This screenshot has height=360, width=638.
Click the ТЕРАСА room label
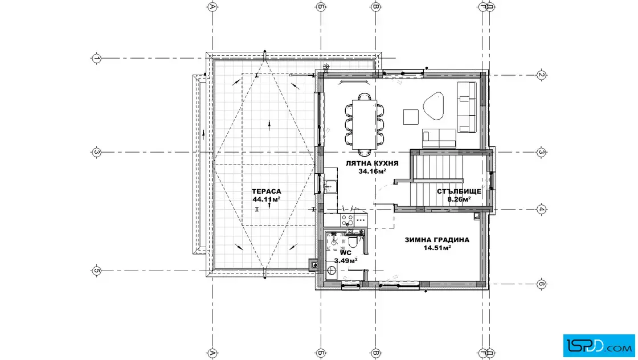[x=266, y=191]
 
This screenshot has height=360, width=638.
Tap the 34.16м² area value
[x=372, y=171]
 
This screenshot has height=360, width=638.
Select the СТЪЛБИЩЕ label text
[x=459, y=191]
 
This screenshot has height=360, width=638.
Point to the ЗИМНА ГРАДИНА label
[x=436, y=240]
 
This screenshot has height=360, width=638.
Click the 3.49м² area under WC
[x=345, y=260]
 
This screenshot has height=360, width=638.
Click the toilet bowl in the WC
[x=353, y=243]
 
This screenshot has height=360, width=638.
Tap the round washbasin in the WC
[x=332, y=269]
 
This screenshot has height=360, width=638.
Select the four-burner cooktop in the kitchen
[x=347, y=220]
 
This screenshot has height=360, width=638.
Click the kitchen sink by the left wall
[x=330, y=186]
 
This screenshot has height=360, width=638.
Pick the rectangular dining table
[x=364, y=124]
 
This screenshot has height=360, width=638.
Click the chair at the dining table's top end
[x=365, y=97]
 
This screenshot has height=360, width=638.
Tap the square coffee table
[x=411, y=117]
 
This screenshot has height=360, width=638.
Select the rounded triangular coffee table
[x=433, y=106]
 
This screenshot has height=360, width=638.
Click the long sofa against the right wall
[x=467, y=107]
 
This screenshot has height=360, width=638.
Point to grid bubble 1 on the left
[x=96, y=58]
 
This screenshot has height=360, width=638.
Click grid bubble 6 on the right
[x=541, y=284]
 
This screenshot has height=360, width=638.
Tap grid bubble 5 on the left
[x=96, y=271]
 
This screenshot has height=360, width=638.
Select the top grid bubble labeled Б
[x=321, y=6]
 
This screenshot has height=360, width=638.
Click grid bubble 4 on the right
[x=541, y=210]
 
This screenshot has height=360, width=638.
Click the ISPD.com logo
[x=599, y=346]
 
